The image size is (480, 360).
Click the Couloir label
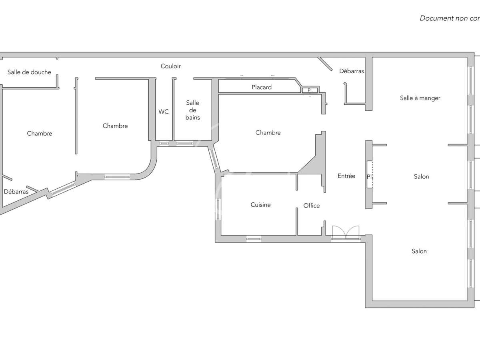[x=171, y=66]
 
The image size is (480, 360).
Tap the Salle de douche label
[x=29, y=72]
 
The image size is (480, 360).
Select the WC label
[x=164, y=112]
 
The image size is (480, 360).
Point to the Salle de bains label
[x=192, y=110]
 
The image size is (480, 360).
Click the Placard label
[x=262, y=87]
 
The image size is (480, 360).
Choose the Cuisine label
[x=261, y=205]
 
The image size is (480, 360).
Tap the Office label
[x=312, y=206]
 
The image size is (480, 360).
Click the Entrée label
[x=346, y=176]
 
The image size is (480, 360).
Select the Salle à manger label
[x=420, y=98]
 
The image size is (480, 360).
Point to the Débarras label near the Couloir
[x=352, y=71]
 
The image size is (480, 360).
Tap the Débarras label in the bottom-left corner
[x=16, y=192]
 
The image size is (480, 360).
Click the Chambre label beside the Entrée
[x=268, y=132]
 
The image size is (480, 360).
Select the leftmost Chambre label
[x=40, y=133]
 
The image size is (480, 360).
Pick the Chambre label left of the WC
[x=115, y=126]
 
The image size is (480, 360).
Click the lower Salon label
[x=419, y=251]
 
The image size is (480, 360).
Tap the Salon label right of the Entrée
[x=422, y=176]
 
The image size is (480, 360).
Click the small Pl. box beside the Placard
[x=310, y=90]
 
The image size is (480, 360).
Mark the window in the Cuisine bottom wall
[x=254, y=239]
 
